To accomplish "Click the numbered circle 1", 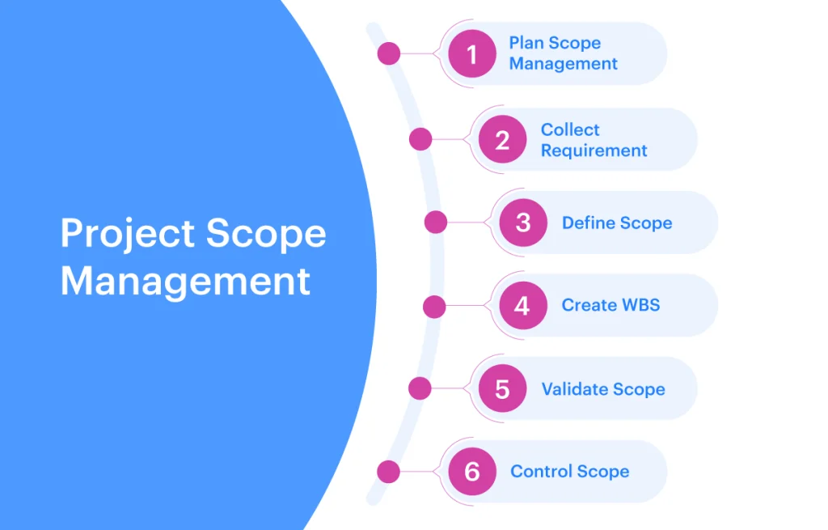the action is pyautogui.click(x=472, y=53).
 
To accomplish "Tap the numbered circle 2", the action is pyautogui.click(x=502, y=139).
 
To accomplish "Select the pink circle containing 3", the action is pyautogui.click(x=523, y=223).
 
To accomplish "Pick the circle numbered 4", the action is pyautogui.click(x=523, y=305).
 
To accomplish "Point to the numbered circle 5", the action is pyautogui.click(x=502, y=388).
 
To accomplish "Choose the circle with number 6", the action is pyautogui.click(x=472, y=472).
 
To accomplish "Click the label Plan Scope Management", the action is pyautogui.click(x=563, y=53).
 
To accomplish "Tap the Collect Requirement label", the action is pyautogui.click(x=594, y=140).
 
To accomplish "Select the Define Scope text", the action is pyautogui.click(x=617, y=223).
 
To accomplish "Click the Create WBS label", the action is pyautogui.click(x=611, y=305).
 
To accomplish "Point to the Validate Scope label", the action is pyautogui.click(x=603, y=389).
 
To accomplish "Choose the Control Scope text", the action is pyautogui.click(x=570, y=472).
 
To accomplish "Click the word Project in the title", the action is pyautogui.click(x=128, y=234).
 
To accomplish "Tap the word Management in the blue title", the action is pyautogui.click(x=185, y=281).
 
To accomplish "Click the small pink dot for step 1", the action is pyautogui.click(x=389, y=53).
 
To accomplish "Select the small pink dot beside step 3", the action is pyautogui.click(x=436, y=222).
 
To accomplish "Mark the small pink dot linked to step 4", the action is pyautogui.click(x=434, y=307).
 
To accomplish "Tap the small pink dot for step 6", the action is pyautogui.click(x=389, y=472).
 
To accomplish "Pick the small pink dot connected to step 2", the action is pyautogui.click(x=420, y=139).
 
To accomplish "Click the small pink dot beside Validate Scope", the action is pyautogui.click(x=420, y=388).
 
